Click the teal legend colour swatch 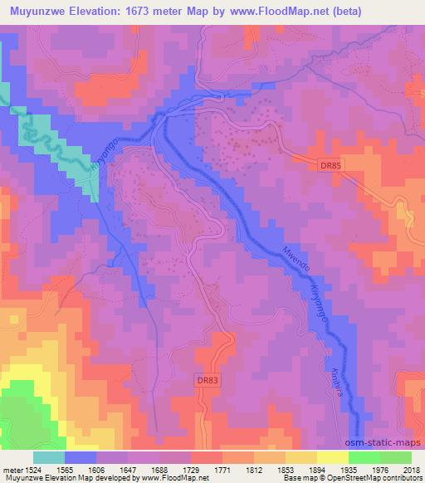click(x=49, y=456)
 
